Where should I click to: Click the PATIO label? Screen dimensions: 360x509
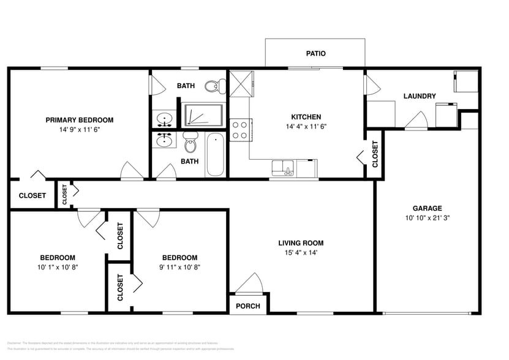pos(315,54)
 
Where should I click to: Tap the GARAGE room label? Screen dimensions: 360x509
pos(427,208)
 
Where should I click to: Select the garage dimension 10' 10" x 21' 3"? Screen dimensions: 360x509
pos(427,218)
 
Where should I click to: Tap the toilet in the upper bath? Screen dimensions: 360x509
pos(214,86)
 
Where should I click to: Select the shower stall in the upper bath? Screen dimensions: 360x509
pos(202,115)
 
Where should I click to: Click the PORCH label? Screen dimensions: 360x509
pos(247,306)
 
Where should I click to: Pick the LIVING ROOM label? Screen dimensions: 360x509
pos(300,243)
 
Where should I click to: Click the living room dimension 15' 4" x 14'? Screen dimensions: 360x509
pos(300,253)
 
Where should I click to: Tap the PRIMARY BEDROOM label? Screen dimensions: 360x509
pos(79,120)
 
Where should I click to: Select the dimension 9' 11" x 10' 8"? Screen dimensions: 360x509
pos(179,267)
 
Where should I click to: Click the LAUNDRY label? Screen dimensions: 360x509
pos(420,96)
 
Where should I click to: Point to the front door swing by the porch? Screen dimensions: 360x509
pos(250,283)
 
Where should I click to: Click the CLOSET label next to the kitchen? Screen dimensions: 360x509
pos(375,154)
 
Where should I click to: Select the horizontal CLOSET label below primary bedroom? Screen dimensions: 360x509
pos(32,196)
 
